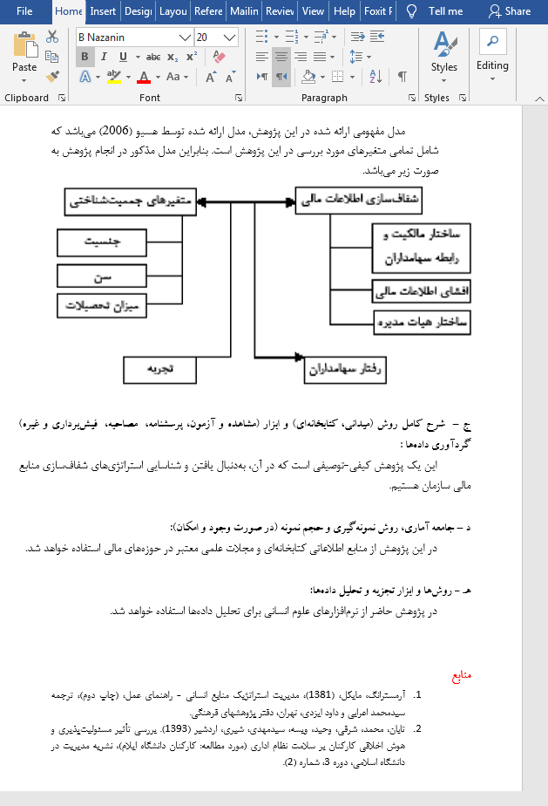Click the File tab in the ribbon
coord(24,11)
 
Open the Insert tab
coord(103,11)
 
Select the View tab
coord(313,11)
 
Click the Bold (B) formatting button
coord(85,57)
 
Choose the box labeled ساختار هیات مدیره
coord(422,322)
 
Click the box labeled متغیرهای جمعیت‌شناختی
coord(131,201)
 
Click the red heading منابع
coord(461,676)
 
